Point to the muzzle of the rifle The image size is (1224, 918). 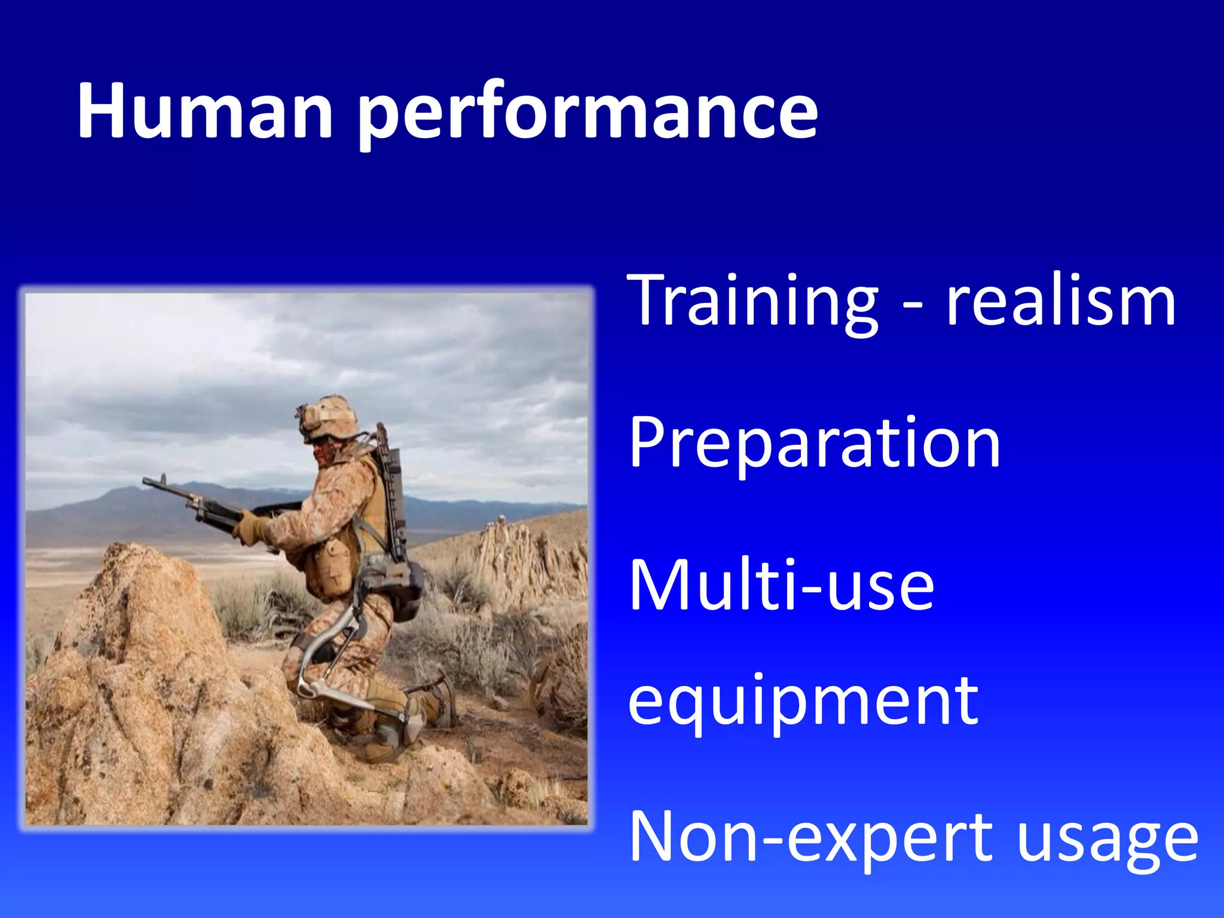point(147,481)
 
